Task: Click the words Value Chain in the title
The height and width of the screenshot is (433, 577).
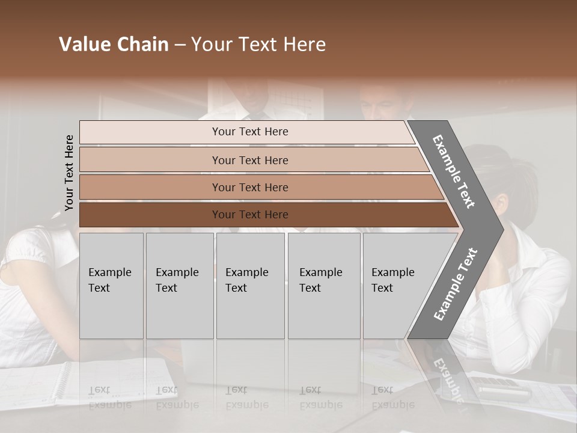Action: click(x=114, y=45)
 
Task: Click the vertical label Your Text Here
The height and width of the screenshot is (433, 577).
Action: click(x=69, y=173)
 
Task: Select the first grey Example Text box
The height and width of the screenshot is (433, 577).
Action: click(x=111, y=286)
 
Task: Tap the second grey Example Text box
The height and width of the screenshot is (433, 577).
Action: click(x=179, y=286)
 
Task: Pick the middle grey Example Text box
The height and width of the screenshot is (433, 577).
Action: click(x=250, y=286)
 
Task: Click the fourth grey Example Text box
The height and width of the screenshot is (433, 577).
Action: click(x=324, y=286)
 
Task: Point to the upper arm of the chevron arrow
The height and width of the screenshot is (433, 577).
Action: click(x=454, y=171)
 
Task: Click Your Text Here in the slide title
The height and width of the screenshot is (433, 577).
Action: click(x=258, y=45)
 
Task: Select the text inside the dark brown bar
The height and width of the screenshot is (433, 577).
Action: click(x=250, y=215)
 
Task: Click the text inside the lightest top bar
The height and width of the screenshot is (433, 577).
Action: click(x=250, y=132)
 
